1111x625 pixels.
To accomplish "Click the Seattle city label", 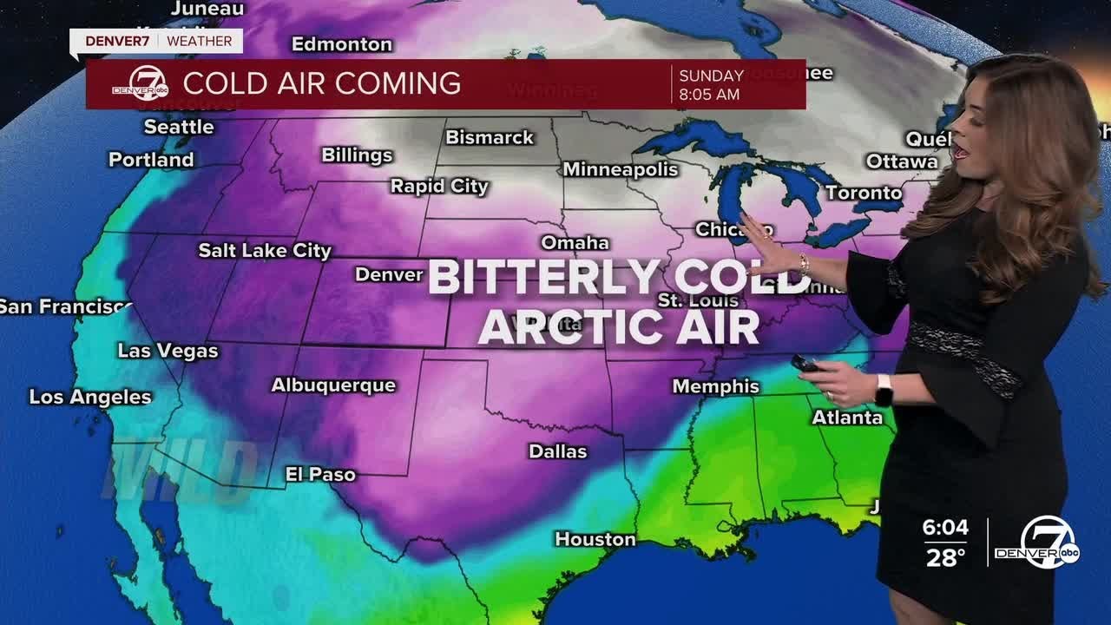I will (x=179, y=127).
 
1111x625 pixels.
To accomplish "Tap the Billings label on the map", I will (x=357, y=155).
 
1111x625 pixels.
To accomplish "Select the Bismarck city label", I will (x=490, y=137).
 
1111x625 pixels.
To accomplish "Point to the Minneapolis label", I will (x=620, y=169).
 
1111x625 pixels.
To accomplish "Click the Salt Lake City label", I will (x=265, y=251).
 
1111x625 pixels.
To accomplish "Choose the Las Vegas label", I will (x=168, y=352).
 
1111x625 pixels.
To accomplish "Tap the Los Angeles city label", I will (x=90, y=397).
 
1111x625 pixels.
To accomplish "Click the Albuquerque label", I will (x=333, y=385).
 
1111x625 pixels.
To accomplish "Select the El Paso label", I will (x=320, y=474).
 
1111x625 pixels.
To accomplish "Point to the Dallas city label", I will (x=558, y=451).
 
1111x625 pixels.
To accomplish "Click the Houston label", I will (x=595, y=539).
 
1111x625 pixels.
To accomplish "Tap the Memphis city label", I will (x=716, y=386).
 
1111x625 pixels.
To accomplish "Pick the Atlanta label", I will (x=847, y=418).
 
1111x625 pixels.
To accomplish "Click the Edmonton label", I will (x=342, y=43).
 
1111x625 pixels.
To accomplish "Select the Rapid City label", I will (x=439, y=186).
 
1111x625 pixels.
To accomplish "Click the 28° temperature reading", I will (x=945, y=557).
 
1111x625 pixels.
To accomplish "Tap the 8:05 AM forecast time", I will (x=709, y=95).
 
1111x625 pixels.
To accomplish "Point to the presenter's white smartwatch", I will (x=884, y=390).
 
